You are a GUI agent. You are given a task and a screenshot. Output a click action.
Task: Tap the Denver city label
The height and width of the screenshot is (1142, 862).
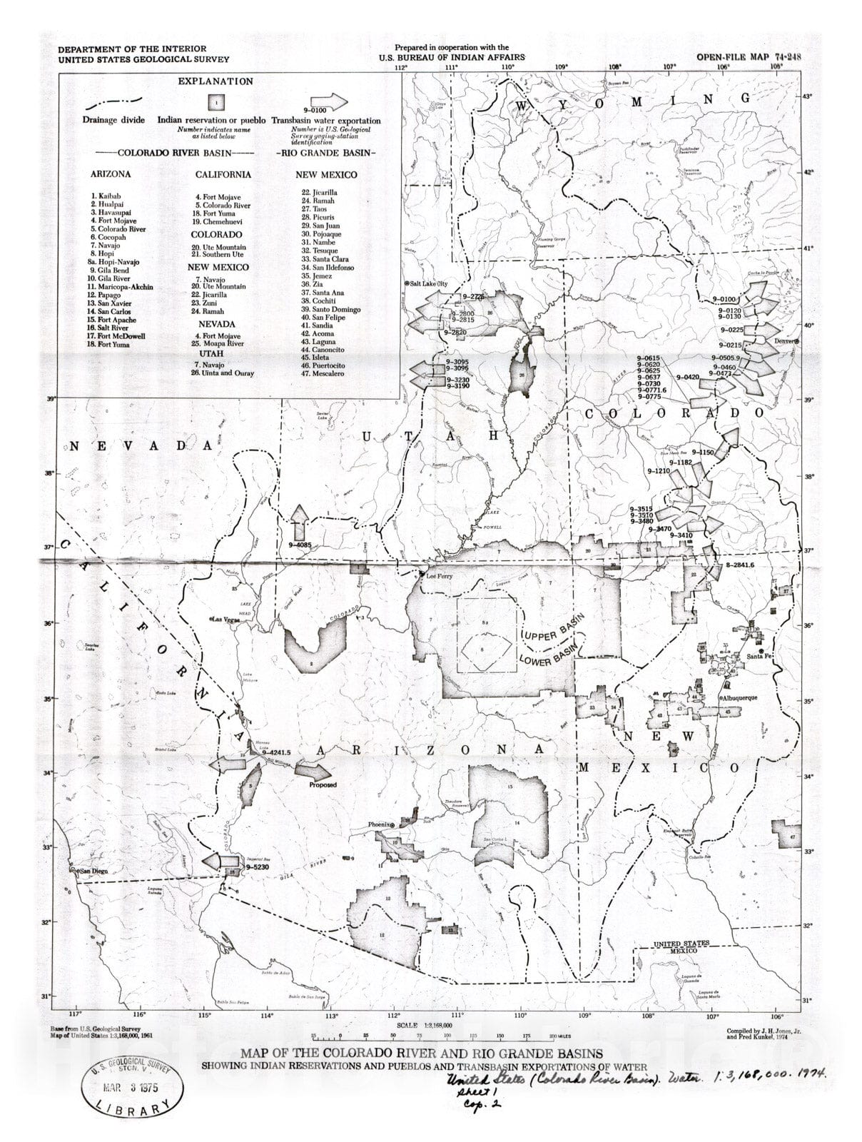(786, 340)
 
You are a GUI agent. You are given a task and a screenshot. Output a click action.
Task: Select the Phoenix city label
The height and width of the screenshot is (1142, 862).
(380, 824)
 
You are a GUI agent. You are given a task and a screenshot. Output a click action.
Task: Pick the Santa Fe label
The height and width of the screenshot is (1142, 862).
(757, 657)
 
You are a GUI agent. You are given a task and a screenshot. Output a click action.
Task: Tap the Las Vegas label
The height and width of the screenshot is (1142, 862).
(226, 620)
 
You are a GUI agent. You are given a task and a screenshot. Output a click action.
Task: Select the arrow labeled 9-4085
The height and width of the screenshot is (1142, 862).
(300, 523)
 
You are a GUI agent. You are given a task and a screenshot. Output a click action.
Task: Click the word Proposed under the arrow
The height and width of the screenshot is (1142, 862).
(323, 785)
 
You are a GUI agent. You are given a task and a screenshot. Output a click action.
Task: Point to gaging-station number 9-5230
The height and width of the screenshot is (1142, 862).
(255, 866)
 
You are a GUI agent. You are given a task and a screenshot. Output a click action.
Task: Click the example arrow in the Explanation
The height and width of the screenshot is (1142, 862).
(325, 101)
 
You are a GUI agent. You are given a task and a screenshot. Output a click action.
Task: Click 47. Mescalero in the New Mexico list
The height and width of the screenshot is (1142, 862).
(323, 373)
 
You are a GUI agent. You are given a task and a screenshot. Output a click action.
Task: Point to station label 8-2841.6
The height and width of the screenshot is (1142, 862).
(739, 565)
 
